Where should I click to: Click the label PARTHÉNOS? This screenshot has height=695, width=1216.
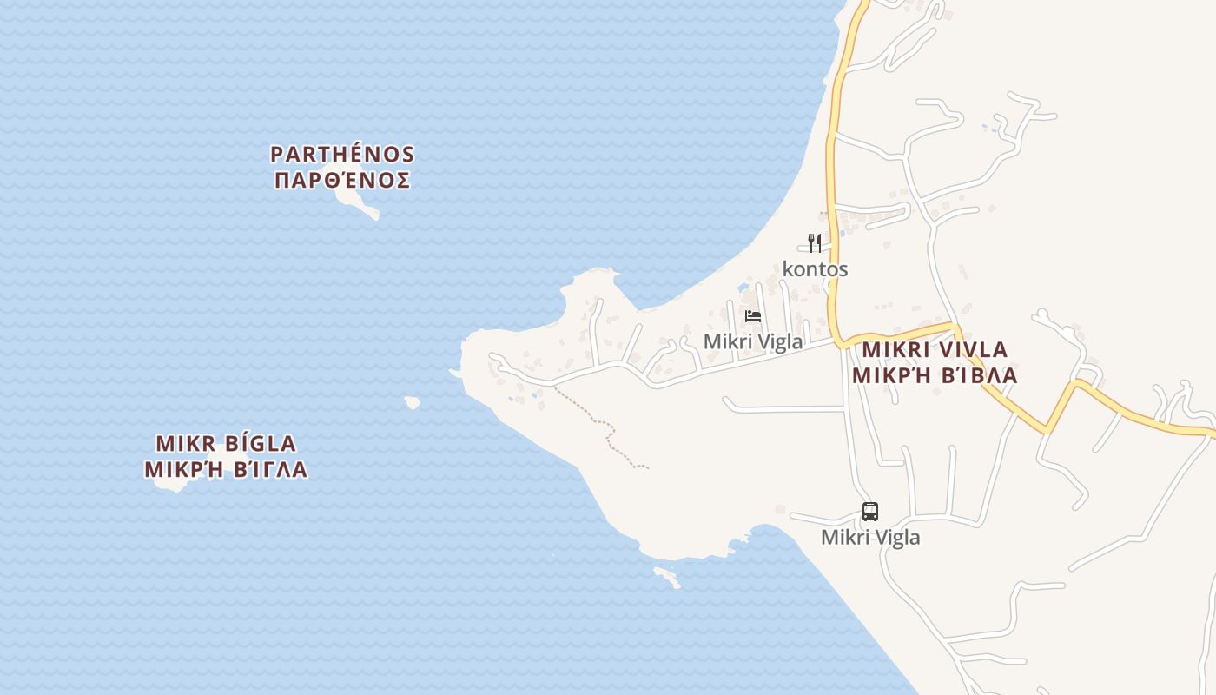pos(342,155)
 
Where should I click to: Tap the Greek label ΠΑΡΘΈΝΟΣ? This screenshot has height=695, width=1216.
pos(342,181)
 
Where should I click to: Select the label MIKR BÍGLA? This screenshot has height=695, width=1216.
pos(226,444)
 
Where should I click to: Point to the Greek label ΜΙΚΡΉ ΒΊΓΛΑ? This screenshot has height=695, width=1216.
pos(226,470)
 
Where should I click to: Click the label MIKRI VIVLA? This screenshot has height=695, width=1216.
pos(935,350)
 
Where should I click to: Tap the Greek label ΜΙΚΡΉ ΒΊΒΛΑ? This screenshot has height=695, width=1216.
pos(935,376)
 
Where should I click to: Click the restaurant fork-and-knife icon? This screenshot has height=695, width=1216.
pos(814,242)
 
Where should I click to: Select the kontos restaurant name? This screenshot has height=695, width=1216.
pos(815,269)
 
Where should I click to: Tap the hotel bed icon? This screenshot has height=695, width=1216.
pos(753,315)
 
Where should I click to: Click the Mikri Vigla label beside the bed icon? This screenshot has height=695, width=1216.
pos(753,341)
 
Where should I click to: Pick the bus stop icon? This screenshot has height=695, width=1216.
pos(869,511)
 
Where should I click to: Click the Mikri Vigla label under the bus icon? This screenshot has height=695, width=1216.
pos(869,538)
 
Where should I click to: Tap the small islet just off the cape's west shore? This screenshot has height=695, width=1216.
pos(412,402)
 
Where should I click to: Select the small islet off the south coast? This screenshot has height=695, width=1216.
pos(667,576)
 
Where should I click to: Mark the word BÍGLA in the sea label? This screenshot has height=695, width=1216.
pos(261,444)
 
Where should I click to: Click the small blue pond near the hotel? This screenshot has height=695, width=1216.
pos(743,288)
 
